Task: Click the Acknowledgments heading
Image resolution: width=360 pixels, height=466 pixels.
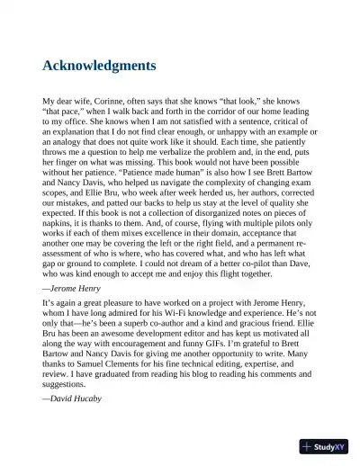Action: click(x=99, y=66)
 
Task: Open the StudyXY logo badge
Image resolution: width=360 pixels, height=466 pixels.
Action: click(x=323, y=446)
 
